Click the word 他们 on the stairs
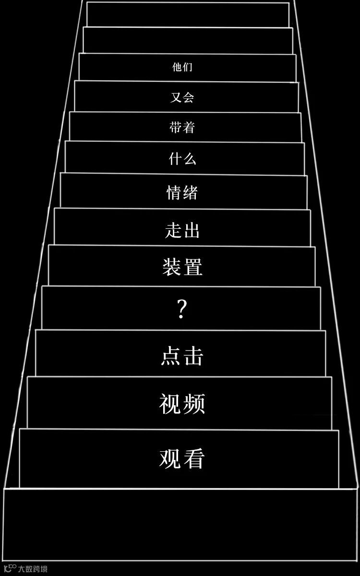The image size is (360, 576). (x=182, y=67)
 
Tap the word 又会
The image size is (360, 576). (x=182, y=98)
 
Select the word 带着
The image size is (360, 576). (x=182, y=128)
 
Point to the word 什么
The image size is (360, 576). (x=182, y=159)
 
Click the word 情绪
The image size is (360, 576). (x=182, y=193)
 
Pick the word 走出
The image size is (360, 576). (x=182, y=231)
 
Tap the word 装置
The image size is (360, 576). (x=182, y=267)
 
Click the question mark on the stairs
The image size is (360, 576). (x=181, y=310)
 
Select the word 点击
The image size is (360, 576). (x=182, y=357)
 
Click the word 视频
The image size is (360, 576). (x=182, y=404)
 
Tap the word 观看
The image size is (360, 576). (x=182, y=458)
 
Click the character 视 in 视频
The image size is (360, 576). (x=170, y=404)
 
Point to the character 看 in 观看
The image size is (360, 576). (x=194, y=458)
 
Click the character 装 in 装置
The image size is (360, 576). (x=172, y=267)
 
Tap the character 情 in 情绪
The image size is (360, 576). (x=174, y=193)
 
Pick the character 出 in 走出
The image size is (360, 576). (x=192, y=231)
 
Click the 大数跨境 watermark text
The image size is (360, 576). (x=33, y=569)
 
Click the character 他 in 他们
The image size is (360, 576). (x=177, y=67)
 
